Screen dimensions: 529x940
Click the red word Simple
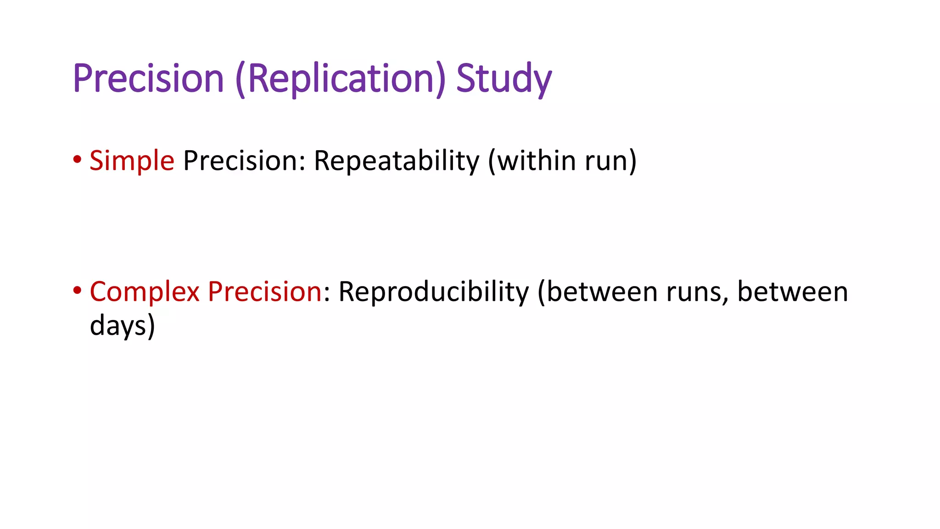(x=132, y=161)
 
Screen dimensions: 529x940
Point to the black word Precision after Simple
(x=241, y=161)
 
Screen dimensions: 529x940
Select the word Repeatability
(x=396, y=161)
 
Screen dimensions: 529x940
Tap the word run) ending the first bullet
(x=611, y=161)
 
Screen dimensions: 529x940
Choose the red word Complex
(x=145, y=292)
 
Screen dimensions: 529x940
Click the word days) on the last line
(x=123, y=326)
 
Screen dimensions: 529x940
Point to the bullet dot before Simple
(x=77, y=160)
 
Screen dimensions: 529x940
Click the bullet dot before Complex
(x=77, y=290)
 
